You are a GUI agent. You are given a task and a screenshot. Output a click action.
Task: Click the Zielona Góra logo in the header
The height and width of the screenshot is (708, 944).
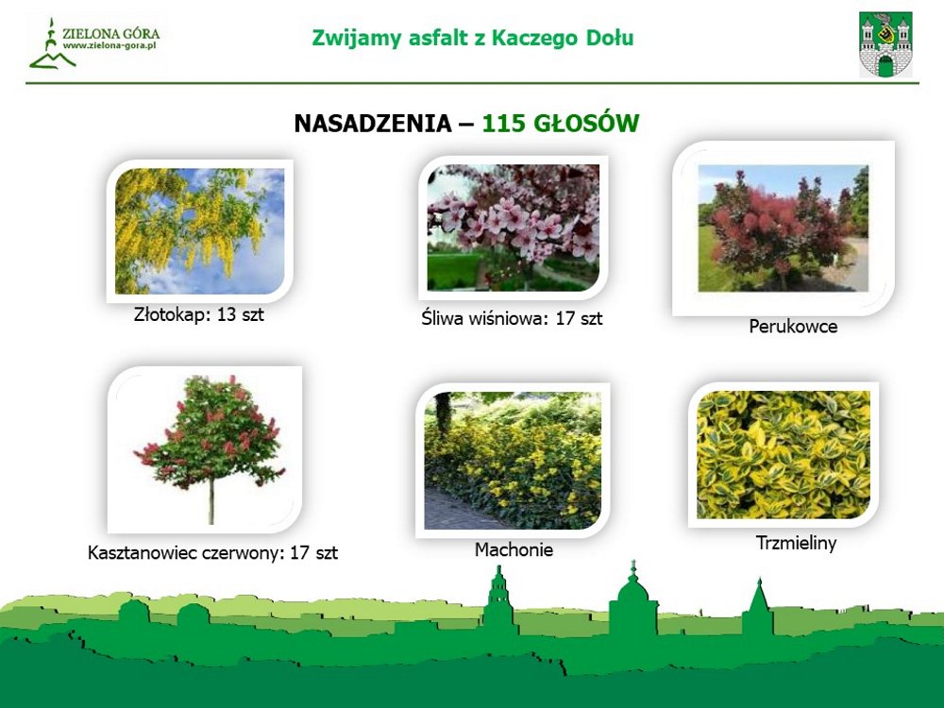93,43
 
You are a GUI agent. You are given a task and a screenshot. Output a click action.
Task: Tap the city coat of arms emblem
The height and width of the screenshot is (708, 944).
885,45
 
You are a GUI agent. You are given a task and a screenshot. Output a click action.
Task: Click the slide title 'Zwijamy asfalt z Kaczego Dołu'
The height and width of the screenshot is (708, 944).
473,38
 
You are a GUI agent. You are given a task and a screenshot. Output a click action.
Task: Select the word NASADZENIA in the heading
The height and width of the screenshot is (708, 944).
373,124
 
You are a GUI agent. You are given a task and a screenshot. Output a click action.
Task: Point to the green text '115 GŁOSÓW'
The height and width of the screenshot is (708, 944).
561,123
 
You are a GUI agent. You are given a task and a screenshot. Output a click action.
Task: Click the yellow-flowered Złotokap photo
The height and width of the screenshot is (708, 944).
199,231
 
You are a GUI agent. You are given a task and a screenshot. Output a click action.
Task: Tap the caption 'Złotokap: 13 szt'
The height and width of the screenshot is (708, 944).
198,314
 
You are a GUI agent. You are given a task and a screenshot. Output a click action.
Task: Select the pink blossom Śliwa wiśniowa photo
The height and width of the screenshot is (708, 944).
513,228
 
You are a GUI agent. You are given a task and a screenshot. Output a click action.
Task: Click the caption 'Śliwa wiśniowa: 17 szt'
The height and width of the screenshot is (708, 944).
512,318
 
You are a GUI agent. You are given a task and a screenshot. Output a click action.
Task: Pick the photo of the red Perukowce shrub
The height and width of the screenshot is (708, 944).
784,228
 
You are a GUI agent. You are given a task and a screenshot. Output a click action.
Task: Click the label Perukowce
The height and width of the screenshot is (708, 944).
793,327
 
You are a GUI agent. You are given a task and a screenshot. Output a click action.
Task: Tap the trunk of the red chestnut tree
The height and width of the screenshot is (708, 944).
211,501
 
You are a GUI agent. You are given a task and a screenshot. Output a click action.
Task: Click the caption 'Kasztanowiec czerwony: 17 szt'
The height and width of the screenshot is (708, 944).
212,552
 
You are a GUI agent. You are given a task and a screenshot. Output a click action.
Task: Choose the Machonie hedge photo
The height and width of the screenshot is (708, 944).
513,461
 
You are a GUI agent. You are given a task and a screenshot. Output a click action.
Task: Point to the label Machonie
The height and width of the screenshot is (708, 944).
514,549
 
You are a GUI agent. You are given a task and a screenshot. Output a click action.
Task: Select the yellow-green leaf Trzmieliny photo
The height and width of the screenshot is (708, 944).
784,455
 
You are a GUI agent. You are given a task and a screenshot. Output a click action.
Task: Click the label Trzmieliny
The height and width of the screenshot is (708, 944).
796,543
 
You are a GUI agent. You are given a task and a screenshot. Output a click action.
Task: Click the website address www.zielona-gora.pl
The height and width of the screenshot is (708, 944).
110,45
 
